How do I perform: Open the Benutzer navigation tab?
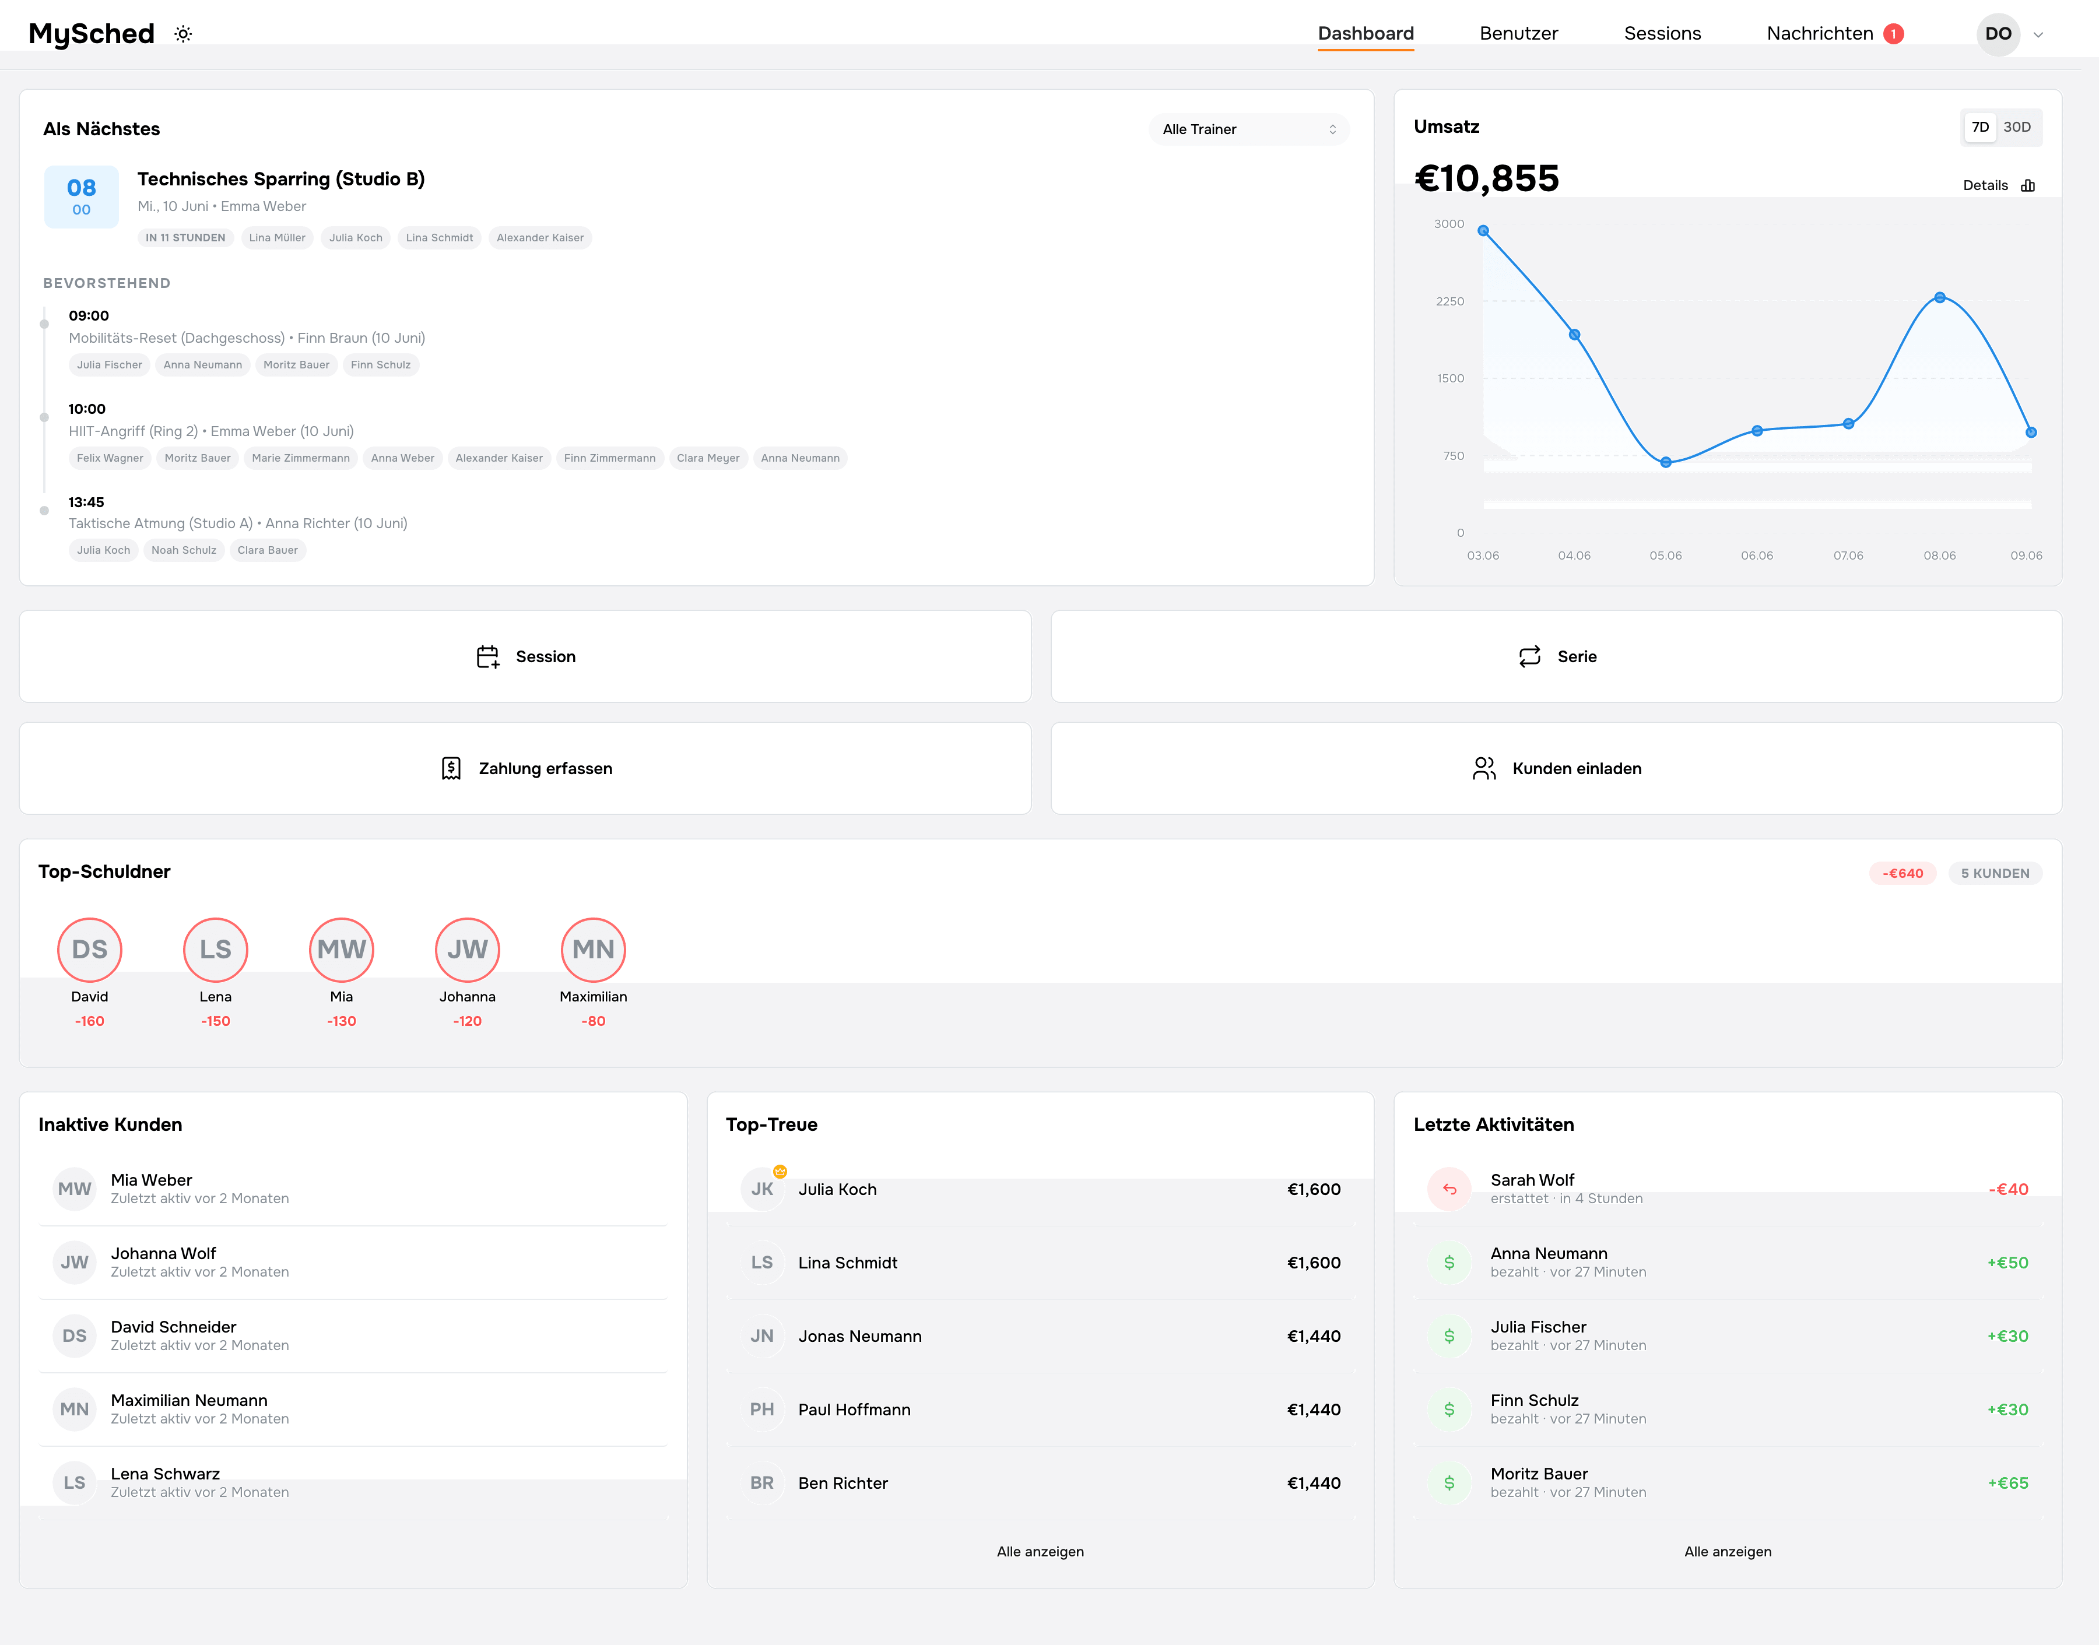point(1518,34)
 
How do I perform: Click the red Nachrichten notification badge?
point(1893,34)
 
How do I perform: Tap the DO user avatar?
point(1998,34)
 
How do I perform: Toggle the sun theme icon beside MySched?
point(183,34)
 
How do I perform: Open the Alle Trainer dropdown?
point(1248,129)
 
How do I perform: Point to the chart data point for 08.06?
point(1939,298)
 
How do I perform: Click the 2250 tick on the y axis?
point(1449,301)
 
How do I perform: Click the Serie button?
point(1556,657)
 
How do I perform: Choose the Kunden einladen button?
point(1556,768)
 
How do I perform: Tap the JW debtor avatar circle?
point(467,950)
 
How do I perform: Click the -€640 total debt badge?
point(1903,874)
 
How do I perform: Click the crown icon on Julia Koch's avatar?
point(780,1171)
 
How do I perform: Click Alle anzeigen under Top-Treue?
point(1040,1552)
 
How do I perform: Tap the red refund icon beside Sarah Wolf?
point(1449,1189)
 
